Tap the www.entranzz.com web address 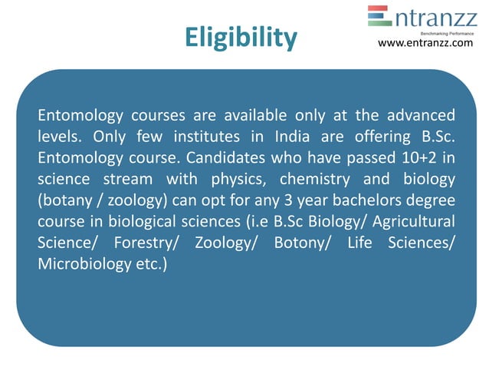426,43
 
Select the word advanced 420,117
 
